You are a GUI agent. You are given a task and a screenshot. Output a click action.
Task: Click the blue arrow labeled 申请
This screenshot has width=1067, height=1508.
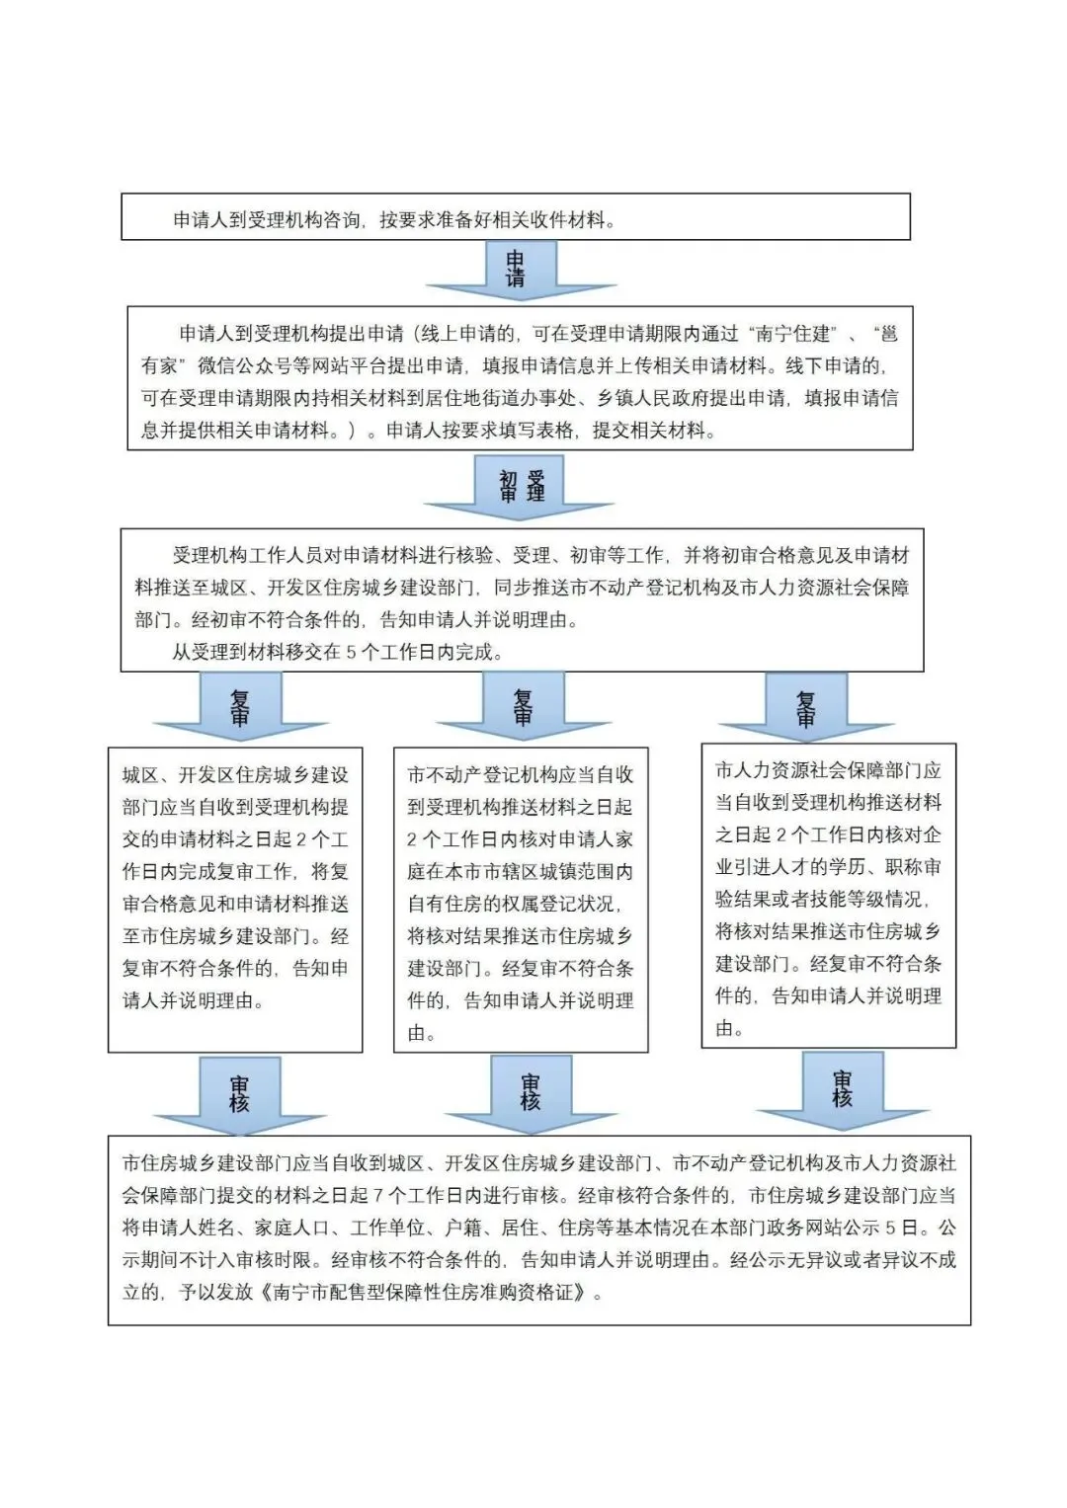point(515,269)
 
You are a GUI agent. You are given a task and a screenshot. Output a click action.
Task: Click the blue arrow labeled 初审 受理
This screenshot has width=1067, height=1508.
point(522,486)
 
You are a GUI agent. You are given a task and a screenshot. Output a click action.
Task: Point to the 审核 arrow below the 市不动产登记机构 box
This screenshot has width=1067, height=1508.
point(531,1092)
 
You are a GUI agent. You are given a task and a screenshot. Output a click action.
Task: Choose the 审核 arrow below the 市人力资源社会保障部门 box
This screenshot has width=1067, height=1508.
point(842,1088)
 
